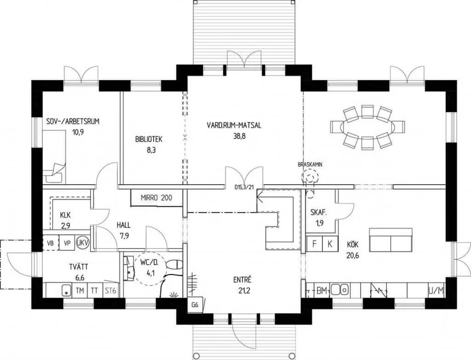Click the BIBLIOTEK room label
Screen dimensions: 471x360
(149, 139)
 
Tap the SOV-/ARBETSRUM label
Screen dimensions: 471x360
(73, 122)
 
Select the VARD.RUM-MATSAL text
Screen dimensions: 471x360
(234, 125)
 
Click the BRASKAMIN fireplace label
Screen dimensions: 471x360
(310, 164)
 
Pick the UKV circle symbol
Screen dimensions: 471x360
(82, 243)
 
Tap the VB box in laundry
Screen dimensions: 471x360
(51, 243)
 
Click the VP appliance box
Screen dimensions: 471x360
(67, 243)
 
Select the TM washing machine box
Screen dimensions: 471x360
(80, 290)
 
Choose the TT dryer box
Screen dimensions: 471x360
(95, 290)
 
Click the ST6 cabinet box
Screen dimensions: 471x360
(110, 290)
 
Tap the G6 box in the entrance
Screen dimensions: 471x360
(195, 305)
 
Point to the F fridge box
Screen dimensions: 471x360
(314, 244)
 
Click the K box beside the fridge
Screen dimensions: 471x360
(330, 244)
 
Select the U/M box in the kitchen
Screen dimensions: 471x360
(436, 290)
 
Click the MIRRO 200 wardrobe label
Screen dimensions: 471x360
(156, 198)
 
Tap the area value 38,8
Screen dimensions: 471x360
(239, 136)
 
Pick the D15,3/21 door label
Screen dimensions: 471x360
(244, 187)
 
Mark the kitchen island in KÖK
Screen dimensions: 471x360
(391, 240)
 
